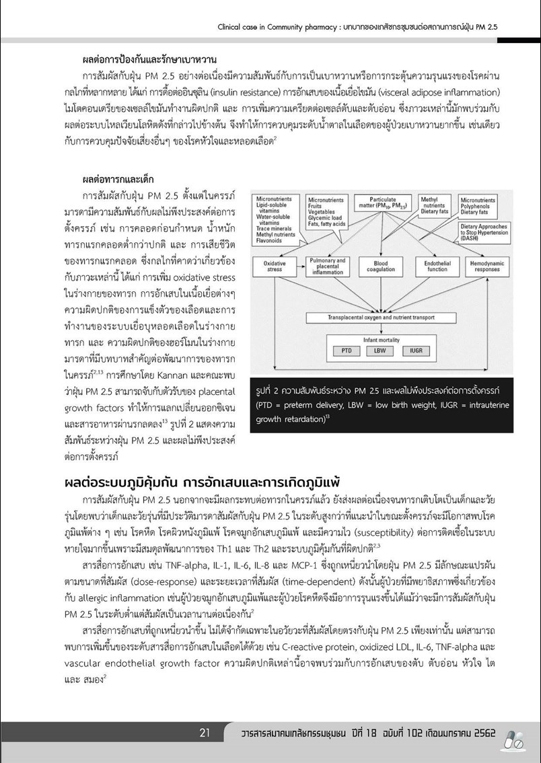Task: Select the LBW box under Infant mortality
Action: coord(380,351)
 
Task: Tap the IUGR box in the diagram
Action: coord(416,351)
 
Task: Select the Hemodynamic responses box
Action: coord(486,266)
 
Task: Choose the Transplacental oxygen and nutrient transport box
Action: coord(381,316)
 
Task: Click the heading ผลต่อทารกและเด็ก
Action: coord(118,180)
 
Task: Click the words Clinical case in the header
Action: coord(241,28)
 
